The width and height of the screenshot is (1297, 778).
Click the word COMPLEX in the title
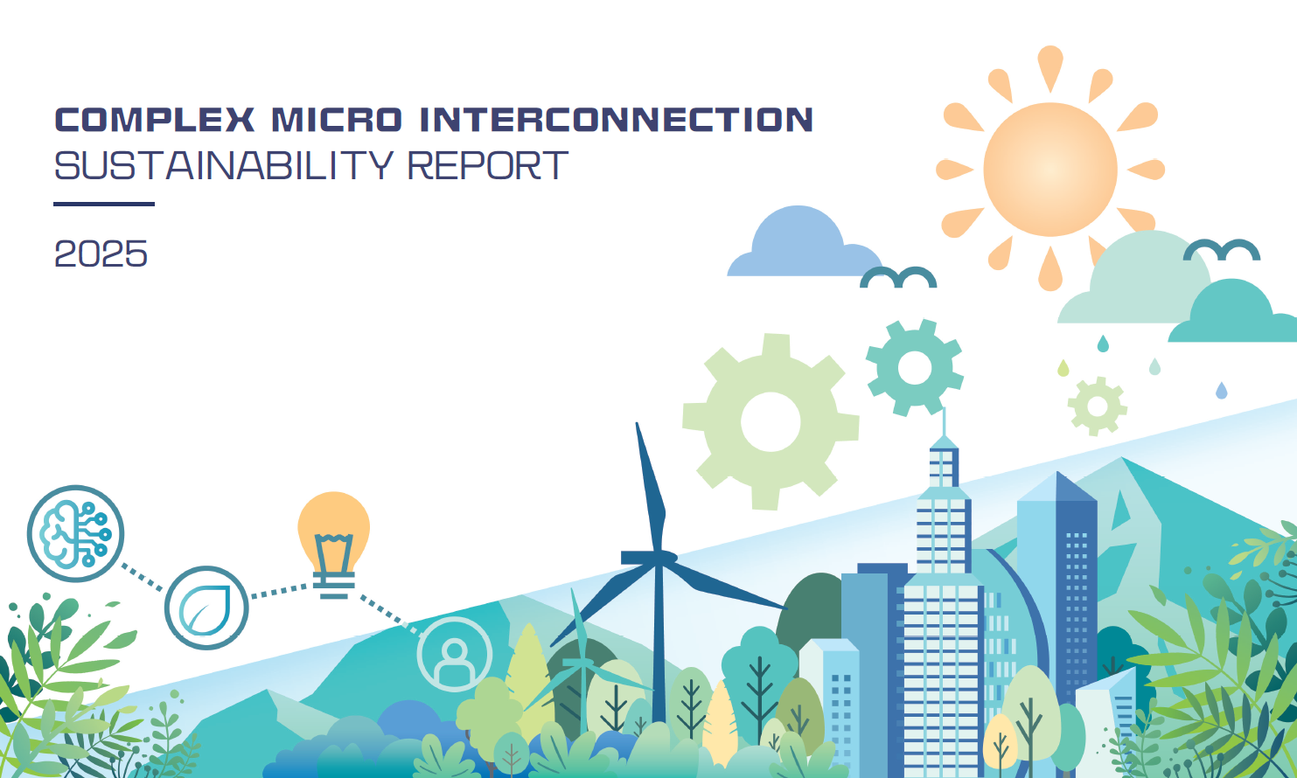coord(154,119)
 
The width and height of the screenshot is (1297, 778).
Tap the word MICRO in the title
coord(337,119)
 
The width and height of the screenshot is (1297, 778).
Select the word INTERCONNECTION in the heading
coord(616,119)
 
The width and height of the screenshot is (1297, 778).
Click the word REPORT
coord(488,165)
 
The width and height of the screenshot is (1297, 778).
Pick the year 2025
coord(101,254)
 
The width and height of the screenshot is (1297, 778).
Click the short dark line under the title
coord(104,204)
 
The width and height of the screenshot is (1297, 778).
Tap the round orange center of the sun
coord(1049,170)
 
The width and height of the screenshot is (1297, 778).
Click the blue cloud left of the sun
coord(805,243)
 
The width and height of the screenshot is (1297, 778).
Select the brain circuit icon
coord(75,533)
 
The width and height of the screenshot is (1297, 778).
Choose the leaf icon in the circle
coord(206,608)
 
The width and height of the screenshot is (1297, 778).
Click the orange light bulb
coord(333,544)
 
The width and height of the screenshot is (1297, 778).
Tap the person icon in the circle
coord(455,654)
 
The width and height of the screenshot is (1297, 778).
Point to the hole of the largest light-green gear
coord(771,421)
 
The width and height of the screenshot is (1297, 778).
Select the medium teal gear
coord(914,367)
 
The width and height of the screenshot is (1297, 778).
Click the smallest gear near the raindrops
coord(1098,406)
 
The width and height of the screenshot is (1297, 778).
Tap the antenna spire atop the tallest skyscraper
coord(945,422)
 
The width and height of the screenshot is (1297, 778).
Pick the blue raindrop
coord(1221,391)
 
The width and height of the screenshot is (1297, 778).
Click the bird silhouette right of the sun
coord(1222,249)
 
